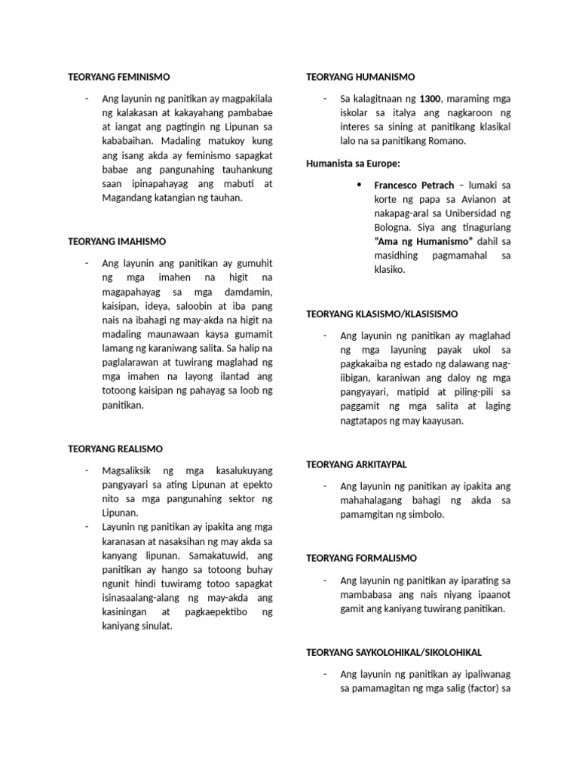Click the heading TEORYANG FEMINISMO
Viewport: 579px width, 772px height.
pyautogui.click(x=119, y=77)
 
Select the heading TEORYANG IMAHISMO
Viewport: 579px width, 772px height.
pyautogui.click(x=117, y=241)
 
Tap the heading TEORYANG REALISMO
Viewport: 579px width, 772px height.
pyautogui.click(x=115, y=449)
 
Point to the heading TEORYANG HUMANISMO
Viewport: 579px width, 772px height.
pyautogui.click(x=360, y=77)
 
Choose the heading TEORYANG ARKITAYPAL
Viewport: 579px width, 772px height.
pyautogui.click(x=356, y=464)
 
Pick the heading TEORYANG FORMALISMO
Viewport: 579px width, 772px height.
pyautogui.click(x=360, y=558)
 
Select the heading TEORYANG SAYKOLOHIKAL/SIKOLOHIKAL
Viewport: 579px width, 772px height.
pyautogui.click(x=393, y=651)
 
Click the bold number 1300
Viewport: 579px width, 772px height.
pyautogui.click(x=430, y=99)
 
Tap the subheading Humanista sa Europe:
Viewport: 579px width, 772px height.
pyautogui.click(x=353, y=163)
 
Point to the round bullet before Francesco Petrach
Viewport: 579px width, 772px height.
pyautogui.click(x=359, y=185)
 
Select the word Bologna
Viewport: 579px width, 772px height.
pyautogui.click(x=394, y=227)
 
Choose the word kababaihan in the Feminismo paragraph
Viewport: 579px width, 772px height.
pyautogui.click(x=130, y=141)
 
